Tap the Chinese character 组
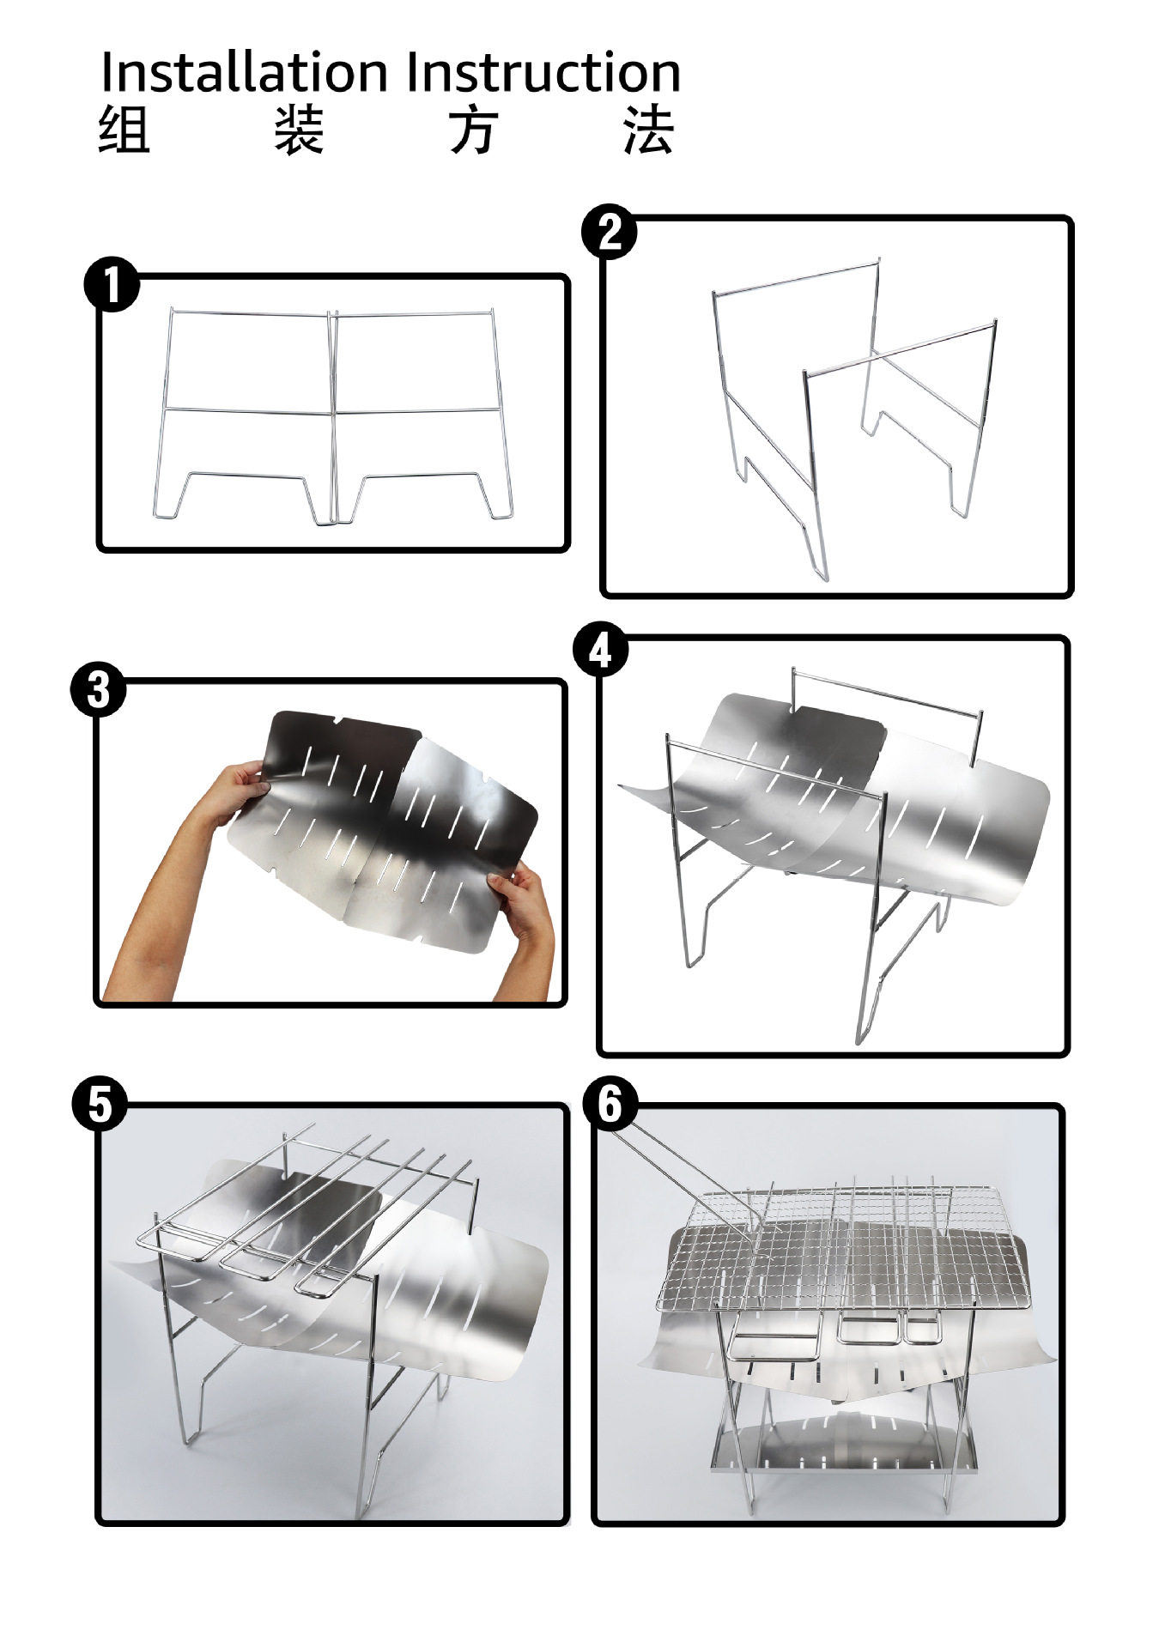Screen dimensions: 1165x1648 pyautogui.click(x=124, y=130)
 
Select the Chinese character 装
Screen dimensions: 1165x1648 pyautogui.click(x=300, y=130)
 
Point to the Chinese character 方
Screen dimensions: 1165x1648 pyautogui.click(x=475, y=130)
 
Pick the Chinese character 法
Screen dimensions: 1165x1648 pyautogui.click(x=649, y=130)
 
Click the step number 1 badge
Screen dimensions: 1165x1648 pyautogui.click(x=112, y=286)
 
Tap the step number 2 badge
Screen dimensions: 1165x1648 pyautogui.click(x=609, y=232)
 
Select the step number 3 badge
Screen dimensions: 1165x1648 pyautogui.click(x=99, y=690)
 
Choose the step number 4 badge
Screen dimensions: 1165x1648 pyautogui.click(x=600, y=650)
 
